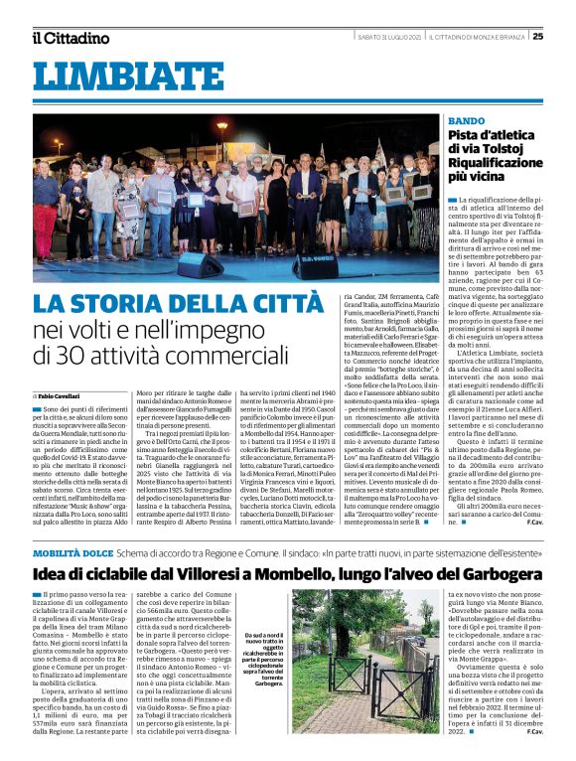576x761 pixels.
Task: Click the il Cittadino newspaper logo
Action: [70, 38]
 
